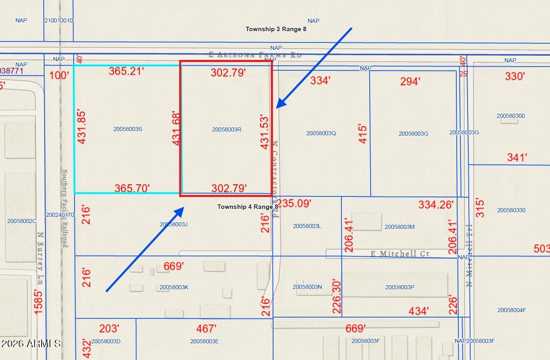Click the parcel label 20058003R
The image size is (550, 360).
pyautogui.click(x=226, y=129)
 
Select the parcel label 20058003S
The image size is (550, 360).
pyautogui.click(x=128, y=129)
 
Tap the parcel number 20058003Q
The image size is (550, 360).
pyautogui.click(x=321, y=133)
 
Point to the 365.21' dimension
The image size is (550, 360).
pyautogui.click(x=127, y=71)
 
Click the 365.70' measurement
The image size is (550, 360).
pyautogui.click(x=132, y=189)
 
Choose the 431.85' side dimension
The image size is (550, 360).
pyautogui.click(x=82, y=127)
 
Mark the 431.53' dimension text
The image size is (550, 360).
pyautogui.click(x=265, y=132)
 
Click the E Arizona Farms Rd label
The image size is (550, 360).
pyautogui.click(x=255, y=55)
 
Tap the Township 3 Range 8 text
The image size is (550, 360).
pyautogui.click(x=276, y=29)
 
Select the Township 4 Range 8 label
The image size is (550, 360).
pyautogui.click(x=248, y=207)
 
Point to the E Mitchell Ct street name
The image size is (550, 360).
pyautogui.click(x=400, y=253)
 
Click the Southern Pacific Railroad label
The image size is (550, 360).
pyautogui.click(x=65, y=208)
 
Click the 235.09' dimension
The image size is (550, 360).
pyautogui.click(x=294, y=204)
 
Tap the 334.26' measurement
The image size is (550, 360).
pyautogui.click(x=436, y=204)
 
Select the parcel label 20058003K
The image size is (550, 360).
pyautogui.click(x=174, y=287)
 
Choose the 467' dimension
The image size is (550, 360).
pyautogui.click(x=206, y=329)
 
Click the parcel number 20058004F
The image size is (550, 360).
pyautogui.click(x=512, y=310)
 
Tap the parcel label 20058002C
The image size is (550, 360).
pyautogui.click(x=22, y=221)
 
